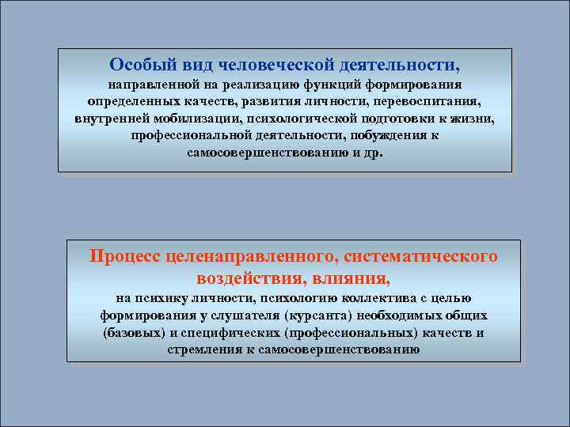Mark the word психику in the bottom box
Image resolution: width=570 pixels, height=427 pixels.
point(161,299)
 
